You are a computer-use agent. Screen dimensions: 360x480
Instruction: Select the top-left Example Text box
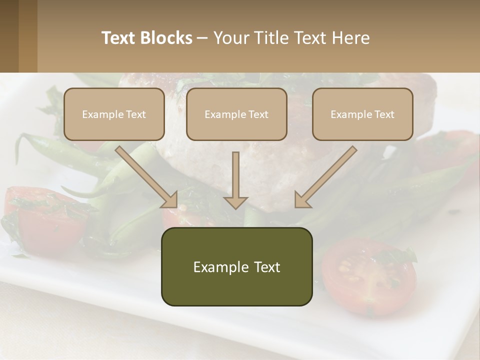(x=114, y=114)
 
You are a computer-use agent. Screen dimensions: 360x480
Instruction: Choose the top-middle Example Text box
(x=236, y=114)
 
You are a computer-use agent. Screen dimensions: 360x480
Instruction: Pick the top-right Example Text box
(x=362, y=114)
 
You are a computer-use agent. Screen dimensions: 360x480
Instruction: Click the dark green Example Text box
(x=236, y=266)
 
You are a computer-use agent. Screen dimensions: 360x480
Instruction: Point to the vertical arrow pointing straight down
(x=235, y=180)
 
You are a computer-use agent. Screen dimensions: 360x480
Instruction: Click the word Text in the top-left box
(x=136, y=114)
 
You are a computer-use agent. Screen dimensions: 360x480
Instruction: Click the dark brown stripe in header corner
(x=9, y=36)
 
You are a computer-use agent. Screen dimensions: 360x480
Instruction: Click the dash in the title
(x=202, y=38)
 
